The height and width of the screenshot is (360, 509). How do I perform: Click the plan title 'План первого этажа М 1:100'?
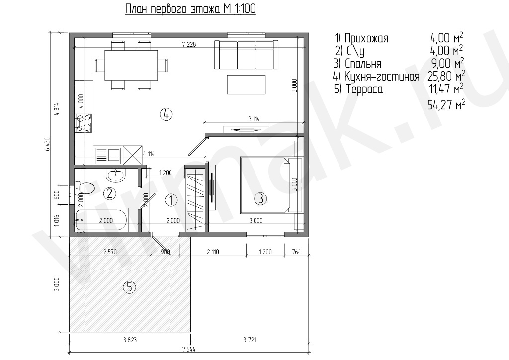[190, 9]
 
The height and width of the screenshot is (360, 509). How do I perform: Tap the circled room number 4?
[166, 114]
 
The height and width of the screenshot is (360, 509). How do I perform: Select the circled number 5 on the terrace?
[129, 287]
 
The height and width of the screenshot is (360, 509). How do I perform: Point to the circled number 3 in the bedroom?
[260, 198]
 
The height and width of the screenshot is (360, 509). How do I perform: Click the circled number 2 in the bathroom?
[109, 194]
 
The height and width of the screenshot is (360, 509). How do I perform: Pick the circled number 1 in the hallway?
[171, 200]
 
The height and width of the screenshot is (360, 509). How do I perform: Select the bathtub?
[100, 220]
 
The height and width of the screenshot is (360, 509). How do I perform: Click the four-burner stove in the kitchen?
[83, 123]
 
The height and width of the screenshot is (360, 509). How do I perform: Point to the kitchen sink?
[108, 155]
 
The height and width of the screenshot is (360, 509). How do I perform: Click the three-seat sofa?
[247, 55]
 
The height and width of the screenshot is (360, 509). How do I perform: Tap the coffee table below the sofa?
[247, 85]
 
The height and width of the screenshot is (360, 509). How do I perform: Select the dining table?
[131, 65]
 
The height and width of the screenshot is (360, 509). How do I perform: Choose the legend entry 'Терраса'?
[364, 89]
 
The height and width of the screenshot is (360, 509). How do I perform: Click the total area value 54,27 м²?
[446, 104]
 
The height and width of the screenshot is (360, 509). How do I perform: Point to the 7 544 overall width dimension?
[189, 349]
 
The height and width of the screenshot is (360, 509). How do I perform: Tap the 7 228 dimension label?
[189, 44]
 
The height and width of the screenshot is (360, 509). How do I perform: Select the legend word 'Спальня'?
[363, 63]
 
